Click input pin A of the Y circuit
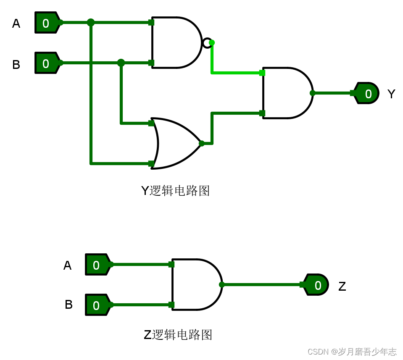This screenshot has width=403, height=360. pos(47,23)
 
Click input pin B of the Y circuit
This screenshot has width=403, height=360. pos(47,63)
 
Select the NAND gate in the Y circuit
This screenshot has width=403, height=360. pos(175,42)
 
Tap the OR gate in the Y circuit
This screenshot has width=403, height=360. pos(176,143)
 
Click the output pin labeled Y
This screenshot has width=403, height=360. pos(367,93)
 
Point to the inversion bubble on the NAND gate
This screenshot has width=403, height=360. pos(207,43)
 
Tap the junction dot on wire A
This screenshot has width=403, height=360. pos(91,23)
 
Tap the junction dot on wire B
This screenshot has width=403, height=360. pos(121,63)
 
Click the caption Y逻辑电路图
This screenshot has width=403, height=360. pos(175,191)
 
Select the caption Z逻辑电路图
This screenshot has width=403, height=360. pos(178,335)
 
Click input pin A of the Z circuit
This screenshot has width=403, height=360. pos(97,265)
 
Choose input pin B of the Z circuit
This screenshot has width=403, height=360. pos(97,305)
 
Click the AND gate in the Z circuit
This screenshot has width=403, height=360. pos(196,284)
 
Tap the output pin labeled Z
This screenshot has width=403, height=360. pos(316,285)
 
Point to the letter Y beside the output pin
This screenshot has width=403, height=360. pos(391,94)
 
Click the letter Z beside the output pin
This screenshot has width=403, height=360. pos(342,286)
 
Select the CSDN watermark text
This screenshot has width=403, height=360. pos(352,352)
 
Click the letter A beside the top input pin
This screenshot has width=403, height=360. pos(16,24)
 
